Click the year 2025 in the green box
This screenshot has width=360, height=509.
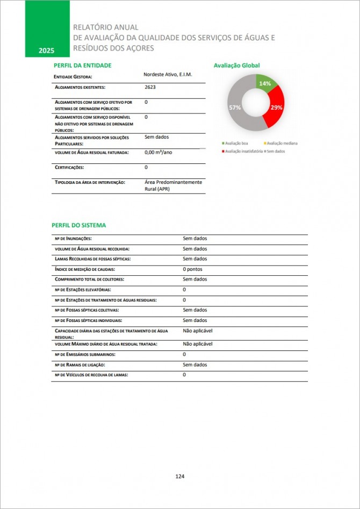(x=46, y=51)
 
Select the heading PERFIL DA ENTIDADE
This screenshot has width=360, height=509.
(x=82, y=65)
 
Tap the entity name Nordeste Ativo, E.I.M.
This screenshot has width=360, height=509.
(x=168, y=74)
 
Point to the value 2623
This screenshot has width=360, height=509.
(x=150, y=86)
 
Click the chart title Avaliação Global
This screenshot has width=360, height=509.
(x=236, y=65)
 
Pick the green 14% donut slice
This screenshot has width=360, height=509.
(x=267, y=84)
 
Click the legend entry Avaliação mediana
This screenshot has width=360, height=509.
(x=280, y=144)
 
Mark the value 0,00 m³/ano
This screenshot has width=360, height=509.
(x=159, y=153)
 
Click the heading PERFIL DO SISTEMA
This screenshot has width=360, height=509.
(x=79, y=225)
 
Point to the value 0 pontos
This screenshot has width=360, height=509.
(x=192, y=269)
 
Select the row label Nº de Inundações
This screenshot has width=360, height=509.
(x=73, y=239)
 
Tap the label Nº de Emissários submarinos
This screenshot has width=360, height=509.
(x=85, y=355)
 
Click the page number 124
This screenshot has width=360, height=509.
(x=180, y=476)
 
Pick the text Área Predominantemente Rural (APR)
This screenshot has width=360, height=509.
(x=173, y=185)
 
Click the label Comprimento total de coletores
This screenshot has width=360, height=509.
(x=89, y=279)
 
